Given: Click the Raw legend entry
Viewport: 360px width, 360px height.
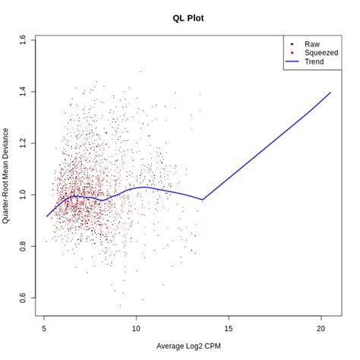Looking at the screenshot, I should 312,45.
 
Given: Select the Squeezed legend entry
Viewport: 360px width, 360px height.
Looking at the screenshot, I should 321,53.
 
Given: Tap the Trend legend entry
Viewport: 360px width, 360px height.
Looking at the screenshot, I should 314,62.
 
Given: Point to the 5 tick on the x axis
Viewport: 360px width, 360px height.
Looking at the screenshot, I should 45,328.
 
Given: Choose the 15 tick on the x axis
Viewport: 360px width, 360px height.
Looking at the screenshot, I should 229,328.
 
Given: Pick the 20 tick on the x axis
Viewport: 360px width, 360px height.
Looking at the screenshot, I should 322,328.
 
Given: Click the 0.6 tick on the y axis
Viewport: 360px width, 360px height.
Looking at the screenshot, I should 22,298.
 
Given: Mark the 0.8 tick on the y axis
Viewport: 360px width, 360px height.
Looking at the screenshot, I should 22,246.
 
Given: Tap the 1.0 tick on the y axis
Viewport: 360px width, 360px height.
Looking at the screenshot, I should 22,194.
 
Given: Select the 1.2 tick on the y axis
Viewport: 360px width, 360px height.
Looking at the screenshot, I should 22,143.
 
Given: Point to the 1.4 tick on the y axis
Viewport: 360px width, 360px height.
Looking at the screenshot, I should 22,91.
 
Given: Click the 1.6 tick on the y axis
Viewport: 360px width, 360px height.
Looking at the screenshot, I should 22,39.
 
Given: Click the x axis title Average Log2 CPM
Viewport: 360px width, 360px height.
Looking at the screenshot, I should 188,346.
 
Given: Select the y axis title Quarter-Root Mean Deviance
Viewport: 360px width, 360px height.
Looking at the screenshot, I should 7,175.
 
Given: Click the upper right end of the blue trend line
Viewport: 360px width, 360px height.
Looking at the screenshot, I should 330,93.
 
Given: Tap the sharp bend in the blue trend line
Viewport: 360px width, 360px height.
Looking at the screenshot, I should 203,199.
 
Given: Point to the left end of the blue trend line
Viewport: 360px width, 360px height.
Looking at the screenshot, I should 46,216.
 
